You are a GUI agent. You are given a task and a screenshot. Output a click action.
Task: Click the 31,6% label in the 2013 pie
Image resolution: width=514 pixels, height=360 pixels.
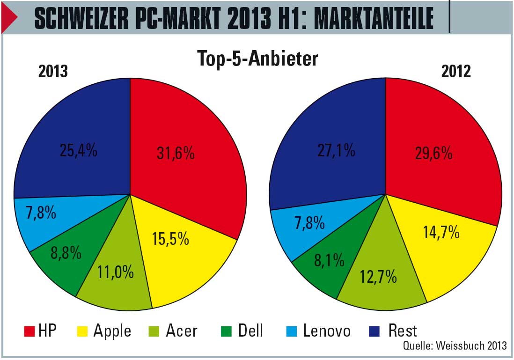point(176,154)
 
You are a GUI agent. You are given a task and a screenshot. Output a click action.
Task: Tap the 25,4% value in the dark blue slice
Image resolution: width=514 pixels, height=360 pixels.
point(78,150)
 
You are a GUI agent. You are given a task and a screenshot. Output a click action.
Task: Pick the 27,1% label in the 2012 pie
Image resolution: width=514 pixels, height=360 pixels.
point(336,151)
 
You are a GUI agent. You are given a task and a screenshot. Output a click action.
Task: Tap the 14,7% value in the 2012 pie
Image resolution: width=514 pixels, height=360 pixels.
point(441,232)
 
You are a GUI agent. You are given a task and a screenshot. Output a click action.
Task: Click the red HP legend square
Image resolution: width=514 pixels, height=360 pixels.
point(29,331)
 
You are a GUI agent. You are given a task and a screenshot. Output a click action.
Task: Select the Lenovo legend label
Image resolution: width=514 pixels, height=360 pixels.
point(327,331)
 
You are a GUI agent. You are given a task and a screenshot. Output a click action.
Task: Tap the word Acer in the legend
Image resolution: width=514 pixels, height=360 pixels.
point(182,331)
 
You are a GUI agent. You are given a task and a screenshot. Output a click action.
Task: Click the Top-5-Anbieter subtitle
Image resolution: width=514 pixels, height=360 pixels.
point(257,59)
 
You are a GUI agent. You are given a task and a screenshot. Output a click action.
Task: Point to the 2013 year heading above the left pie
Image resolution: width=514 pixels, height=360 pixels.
point(53,71)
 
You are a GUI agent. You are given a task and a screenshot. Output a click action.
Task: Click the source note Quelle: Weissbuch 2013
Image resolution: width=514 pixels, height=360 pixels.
point(455,346)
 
